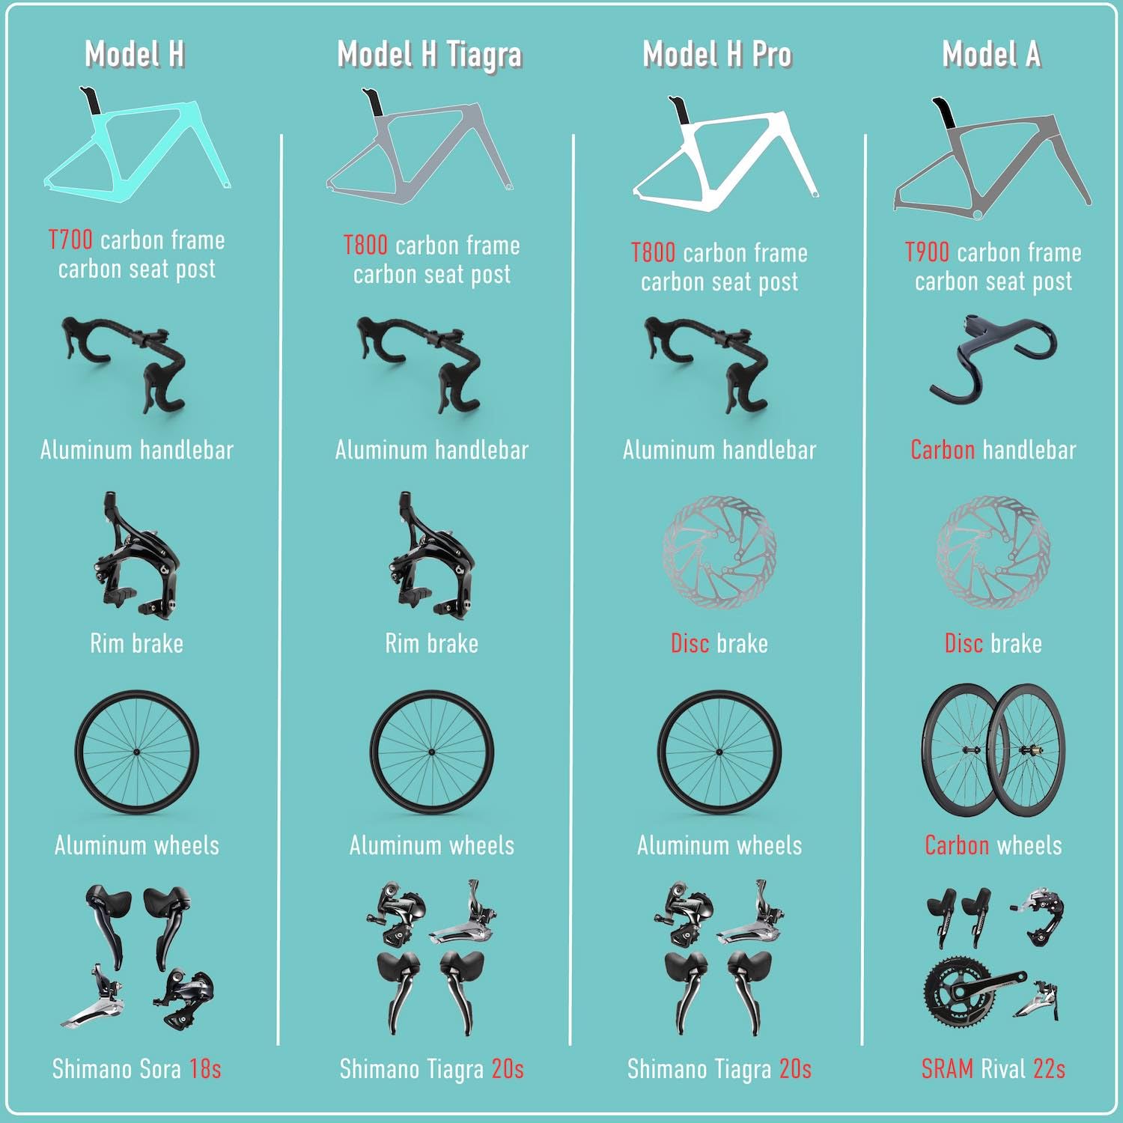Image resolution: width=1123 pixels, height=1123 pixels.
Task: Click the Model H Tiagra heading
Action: coord(430,55)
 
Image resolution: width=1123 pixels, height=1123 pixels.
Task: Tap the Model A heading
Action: coord(991,54)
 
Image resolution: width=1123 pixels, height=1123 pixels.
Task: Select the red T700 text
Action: coord(70,240)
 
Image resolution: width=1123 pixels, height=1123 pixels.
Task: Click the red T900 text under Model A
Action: coord(928,253)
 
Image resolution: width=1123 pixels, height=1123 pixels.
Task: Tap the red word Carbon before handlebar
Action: coord(943,450)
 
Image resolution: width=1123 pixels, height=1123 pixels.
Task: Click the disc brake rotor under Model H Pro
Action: coord(719,552)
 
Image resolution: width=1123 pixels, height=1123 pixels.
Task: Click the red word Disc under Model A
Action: coord(964,643)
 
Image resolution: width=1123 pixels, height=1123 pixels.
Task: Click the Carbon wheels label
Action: coord(993,845)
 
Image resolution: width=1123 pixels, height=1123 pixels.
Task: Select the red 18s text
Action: coord(205,1068)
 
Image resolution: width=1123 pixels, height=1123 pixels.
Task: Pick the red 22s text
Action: coord(1050,1068)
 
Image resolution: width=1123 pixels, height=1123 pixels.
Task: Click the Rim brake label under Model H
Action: coord(137,643)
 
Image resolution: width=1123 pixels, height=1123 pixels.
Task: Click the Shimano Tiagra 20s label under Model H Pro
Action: coord(719,1069)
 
